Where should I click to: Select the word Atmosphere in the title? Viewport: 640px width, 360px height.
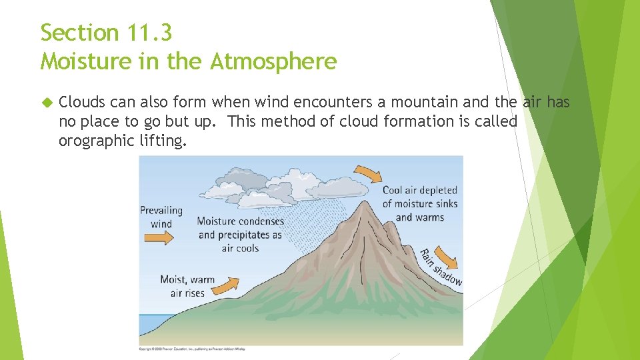tap(273, 62)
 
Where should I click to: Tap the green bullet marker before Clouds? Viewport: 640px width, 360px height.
tap(46, 103)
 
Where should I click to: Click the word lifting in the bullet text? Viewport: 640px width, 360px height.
tap(161, 141)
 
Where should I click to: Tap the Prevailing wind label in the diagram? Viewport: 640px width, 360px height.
tap(161, 217)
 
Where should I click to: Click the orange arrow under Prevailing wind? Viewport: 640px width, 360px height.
tap(161, 237)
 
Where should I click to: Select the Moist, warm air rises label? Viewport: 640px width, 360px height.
tap(187, 286)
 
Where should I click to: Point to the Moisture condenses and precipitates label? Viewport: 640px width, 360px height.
tap(240, 235)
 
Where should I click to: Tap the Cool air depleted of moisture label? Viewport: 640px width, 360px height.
tap(420, 203)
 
